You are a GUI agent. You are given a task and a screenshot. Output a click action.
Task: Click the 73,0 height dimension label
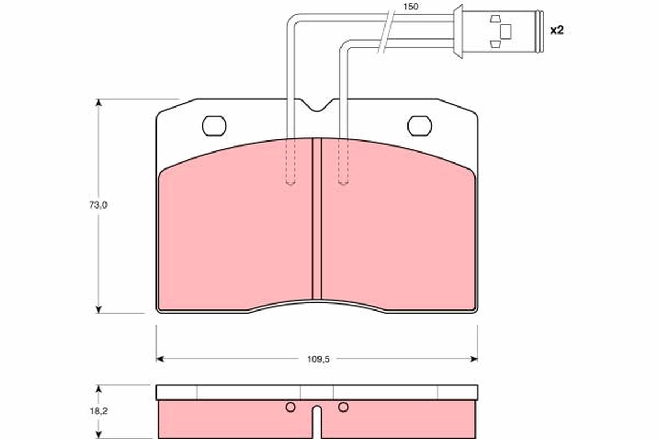(x=99, y=205)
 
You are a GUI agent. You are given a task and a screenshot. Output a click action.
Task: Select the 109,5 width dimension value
(x=317, y=359)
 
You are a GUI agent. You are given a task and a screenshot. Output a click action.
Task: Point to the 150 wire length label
(x=410, y=7)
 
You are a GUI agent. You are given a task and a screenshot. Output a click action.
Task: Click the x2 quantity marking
(x=557, y=30)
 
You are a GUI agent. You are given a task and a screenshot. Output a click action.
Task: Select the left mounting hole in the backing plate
(x=214, y=126)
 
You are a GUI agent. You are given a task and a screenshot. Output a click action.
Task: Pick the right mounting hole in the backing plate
(x=420, y=126)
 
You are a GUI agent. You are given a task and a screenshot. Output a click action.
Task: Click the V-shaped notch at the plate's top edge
(x=317, y=106)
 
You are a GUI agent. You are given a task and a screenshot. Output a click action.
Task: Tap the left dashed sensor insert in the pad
(x=291, y=162)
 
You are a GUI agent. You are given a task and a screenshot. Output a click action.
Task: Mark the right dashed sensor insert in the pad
(x=343, y=162)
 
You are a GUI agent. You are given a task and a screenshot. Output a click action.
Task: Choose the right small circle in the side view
(x=343, y=407)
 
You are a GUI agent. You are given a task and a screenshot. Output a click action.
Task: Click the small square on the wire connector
(x=506, y=31)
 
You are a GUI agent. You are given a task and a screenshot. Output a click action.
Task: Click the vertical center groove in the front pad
(x=316, y=219)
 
